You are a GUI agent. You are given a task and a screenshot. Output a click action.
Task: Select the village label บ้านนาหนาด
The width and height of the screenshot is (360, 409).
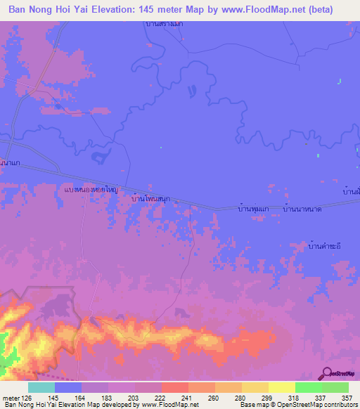click(x=302, y=209)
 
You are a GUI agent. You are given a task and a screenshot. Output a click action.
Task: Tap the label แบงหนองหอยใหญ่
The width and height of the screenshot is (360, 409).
click(x=89, y=190)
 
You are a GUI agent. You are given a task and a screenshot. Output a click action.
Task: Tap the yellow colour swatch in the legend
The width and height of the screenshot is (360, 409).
click(x=281, y=388)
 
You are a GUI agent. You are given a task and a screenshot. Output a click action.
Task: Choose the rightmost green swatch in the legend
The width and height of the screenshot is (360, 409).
click(x=335, y=388)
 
